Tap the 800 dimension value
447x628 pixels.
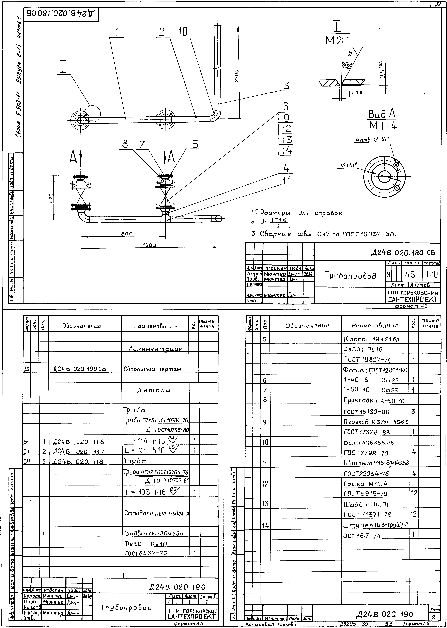[127, 233]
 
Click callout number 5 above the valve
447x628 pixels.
[195, 144]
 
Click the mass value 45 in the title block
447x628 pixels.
[410, 275]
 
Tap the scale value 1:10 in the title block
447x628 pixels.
[431, 275]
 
